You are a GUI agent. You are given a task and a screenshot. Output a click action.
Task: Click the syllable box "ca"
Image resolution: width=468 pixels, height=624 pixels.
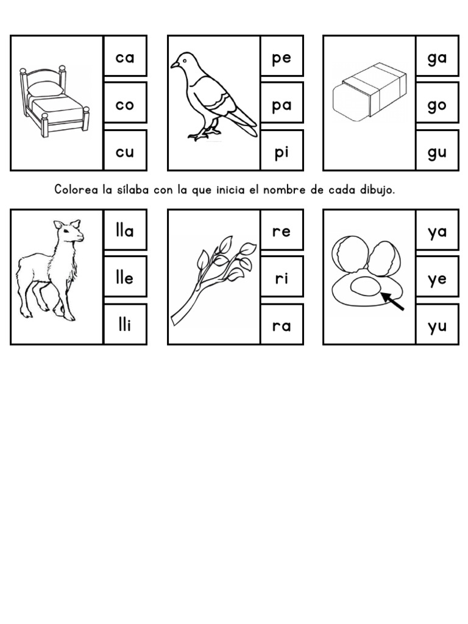[x=124, y=57]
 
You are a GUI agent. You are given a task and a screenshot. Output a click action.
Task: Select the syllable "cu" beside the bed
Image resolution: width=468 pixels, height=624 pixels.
[x=124, y=151]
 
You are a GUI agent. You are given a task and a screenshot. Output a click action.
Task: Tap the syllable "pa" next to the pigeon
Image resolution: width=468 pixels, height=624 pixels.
[x=282, y=105]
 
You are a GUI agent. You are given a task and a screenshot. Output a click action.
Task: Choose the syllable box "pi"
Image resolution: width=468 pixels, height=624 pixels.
[x=282, y=151]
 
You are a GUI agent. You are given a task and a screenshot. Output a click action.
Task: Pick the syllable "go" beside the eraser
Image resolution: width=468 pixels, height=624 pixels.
[x=437, y=105]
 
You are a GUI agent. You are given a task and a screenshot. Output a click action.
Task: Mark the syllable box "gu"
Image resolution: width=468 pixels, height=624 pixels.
[x=437, y=151]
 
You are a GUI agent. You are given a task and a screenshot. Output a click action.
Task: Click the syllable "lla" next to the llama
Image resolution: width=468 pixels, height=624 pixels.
[x=124, y=231]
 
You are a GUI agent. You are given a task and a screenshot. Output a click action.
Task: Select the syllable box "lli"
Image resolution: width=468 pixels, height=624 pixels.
[x=124, y=325]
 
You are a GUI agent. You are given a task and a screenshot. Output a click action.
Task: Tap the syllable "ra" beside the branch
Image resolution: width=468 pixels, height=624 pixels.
[x=282, y=325]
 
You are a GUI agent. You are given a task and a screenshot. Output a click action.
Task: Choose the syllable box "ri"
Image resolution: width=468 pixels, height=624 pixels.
[x=282, y=278]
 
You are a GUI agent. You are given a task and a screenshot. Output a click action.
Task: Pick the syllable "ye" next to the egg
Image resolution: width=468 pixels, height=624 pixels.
[x=437, y=278]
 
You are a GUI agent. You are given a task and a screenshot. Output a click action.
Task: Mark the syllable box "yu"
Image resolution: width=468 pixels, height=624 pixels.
[x=437, y=325]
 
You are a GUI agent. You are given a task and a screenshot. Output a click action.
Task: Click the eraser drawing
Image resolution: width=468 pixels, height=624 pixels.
[x=369, y=91]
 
